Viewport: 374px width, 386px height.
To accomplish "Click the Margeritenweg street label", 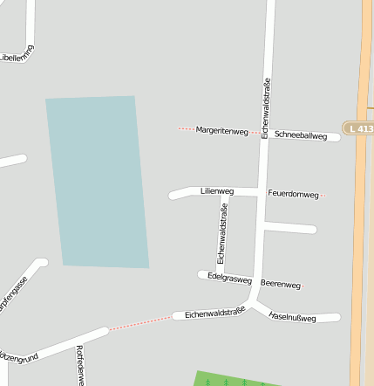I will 222,131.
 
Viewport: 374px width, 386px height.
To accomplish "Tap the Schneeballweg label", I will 300,136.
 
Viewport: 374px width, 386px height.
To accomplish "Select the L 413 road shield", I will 358,128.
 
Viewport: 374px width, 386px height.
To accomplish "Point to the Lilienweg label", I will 217,190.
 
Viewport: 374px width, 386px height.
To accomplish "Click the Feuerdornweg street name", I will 293,193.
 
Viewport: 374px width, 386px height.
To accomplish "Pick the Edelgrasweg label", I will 230,279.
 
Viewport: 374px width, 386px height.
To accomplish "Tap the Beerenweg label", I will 280,285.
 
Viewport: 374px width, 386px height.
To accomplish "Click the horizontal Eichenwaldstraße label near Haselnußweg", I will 214,313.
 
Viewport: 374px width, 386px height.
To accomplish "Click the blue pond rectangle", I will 97,182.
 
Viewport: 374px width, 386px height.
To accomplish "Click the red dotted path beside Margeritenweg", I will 186,129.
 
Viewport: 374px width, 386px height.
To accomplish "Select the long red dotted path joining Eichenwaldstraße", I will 139,322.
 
